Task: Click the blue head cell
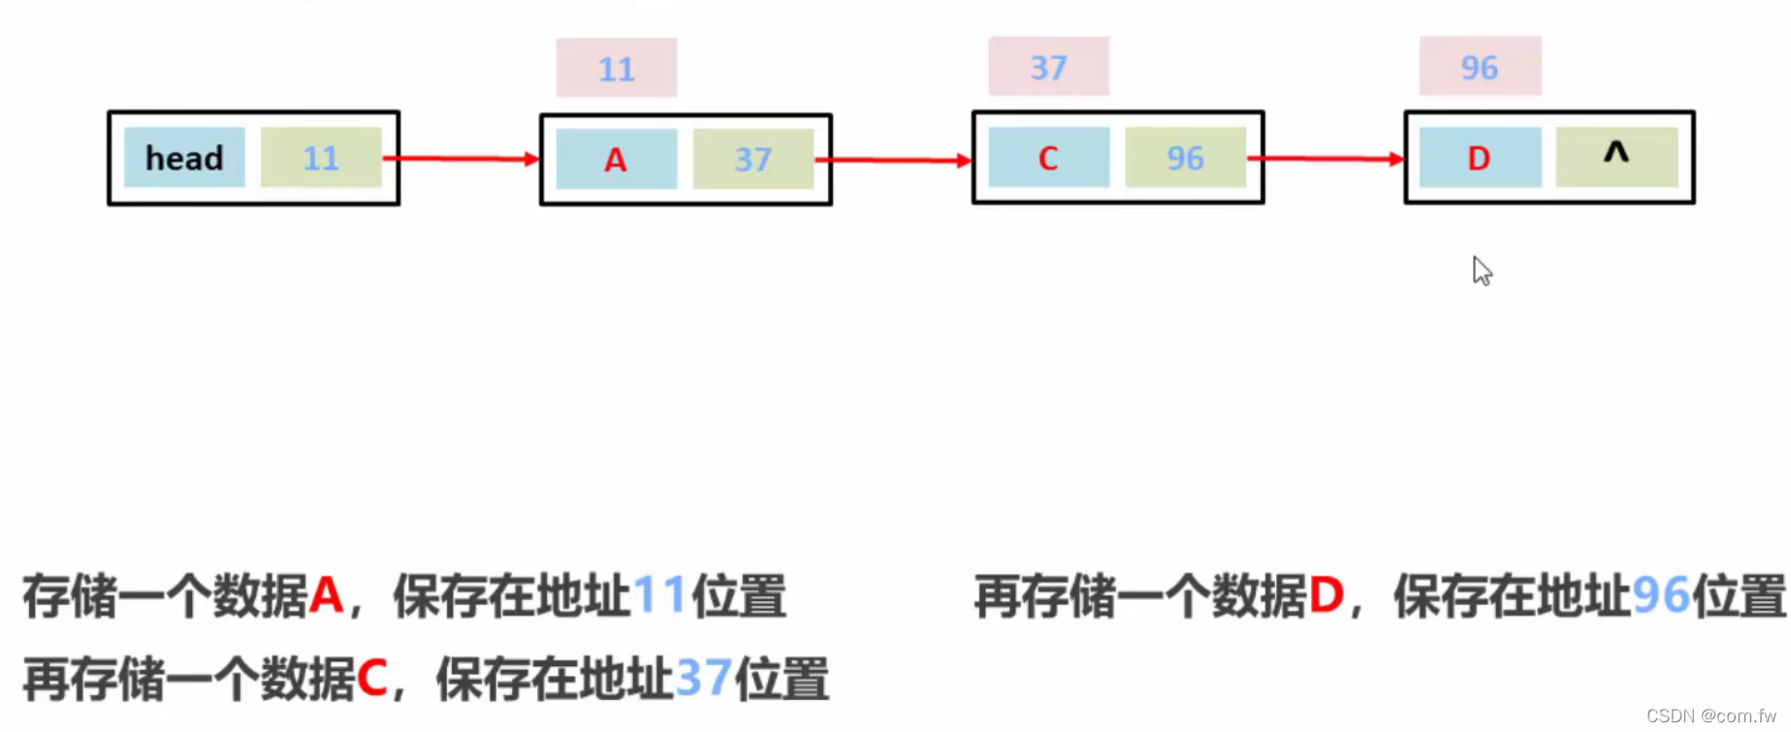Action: pos(184,157)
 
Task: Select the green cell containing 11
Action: pos(321,157)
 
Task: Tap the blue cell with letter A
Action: pos(616,159)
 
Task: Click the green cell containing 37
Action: pos(752,159)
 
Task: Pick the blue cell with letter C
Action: pos(1048,157)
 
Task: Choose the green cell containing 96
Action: pos(1185,157)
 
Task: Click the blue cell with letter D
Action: pos(1480,157)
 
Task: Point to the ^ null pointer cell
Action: pos(1616,157)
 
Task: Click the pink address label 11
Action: pos(617,69)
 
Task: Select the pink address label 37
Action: pos(1048,67)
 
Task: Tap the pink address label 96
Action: pos(1480,67)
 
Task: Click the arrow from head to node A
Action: pos(462,158)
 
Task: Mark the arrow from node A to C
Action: pos(894,160)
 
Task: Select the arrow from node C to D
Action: pos(1327,158)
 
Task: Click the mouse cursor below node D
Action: pos(1482,271)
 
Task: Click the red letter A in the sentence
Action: pos(327,595)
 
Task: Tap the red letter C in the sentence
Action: pos(372,678)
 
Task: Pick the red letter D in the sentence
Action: pos(1327,595)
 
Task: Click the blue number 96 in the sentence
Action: pos(1661,595)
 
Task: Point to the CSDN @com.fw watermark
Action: pos(1711,716)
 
